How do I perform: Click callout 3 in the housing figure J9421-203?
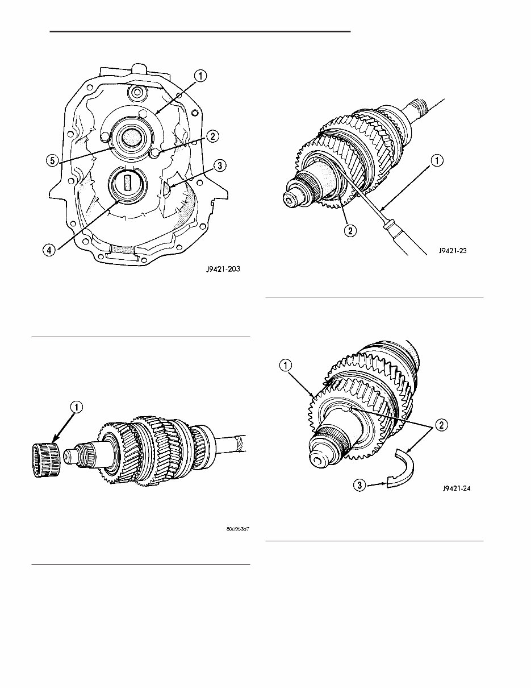pos(218,166)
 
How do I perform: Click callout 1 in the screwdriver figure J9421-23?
pos(436,161)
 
